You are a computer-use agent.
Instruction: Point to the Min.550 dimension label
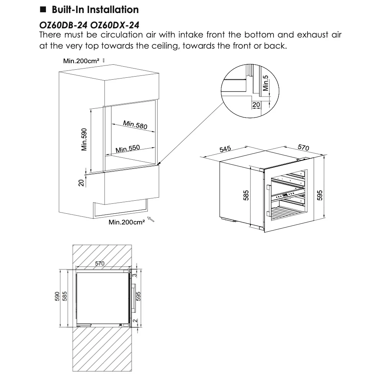[x=128, y=149]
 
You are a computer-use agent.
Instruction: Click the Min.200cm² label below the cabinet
[x=127, y=222]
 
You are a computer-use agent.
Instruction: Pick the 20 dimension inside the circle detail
[x=256, y=105]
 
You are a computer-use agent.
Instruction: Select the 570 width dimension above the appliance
[x=303, y=147]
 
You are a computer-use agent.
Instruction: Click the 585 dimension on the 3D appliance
[x=246, y=195]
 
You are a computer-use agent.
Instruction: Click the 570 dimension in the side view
[x=100, y=263]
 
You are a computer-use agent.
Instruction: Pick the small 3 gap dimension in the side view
[x=135, y=275]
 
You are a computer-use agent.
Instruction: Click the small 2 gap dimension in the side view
[x=135, y=321]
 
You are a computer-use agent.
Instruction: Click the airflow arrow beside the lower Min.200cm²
[x=151, y=219]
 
